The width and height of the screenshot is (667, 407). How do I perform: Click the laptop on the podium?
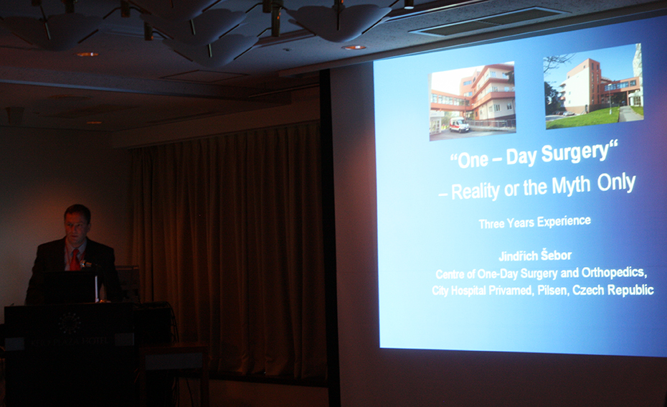[x=70, y=287]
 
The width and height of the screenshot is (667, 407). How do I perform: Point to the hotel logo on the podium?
[x=70, y=323]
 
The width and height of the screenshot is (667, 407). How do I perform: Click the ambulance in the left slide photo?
[x=459, y=125]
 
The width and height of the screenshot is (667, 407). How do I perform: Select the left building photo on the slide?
[x=472, y=101]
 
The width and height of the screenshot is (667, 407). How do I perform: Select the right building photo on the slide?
[x=595, y=85]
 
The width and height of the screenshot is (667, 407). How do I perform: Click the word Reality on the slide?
[x=476, y=191]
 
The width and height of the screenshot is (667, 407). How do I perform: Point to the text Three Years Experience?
[x=535, y=222]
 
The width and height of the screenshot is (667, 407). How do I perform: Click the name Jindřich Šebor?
[x=535, y=256]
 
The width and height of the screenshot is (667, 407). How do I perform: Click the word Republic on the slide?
[x=630, y=290]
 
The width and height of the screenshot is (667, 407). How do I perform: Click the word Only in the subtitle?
[x=616, y=182]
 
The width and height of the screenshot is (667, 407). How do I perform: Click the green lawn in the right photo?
[x=581, y=118]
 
